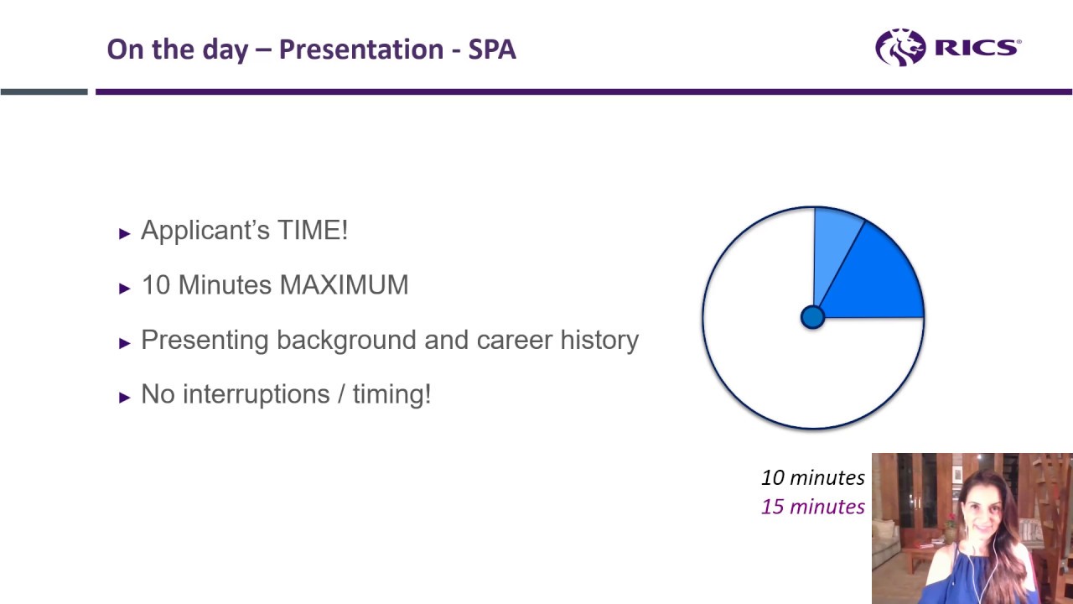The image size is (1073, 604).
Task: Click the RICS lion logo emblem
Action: (900, 47)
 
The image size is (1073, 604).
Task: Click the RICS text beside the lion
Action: (977, 48)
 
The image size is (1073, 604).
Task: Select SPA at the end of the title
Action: (492, 49)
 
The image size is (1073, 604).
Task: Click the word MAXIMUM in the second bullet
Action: (344, 285)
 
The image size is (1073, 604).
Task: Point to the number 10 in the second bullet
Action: (156, 285)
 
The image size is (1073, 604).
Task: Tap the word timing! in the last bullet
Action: (391, 394)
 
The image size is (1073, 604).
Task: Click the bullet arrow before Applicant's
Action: (125, 233)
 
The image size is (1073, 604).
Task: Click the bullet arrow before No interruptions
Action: (125, 397)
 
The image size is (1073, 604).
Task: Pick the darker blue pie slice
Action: (880, 281)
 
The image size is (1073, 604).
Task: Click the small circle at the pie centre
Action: (812, 317)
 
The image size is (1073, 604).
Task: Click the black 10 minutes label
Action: (812, 477)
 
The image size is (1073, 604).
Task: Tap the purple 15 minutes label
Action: (812, 507)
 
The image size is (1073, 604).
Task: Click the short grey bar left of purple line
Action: (44, 91)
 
